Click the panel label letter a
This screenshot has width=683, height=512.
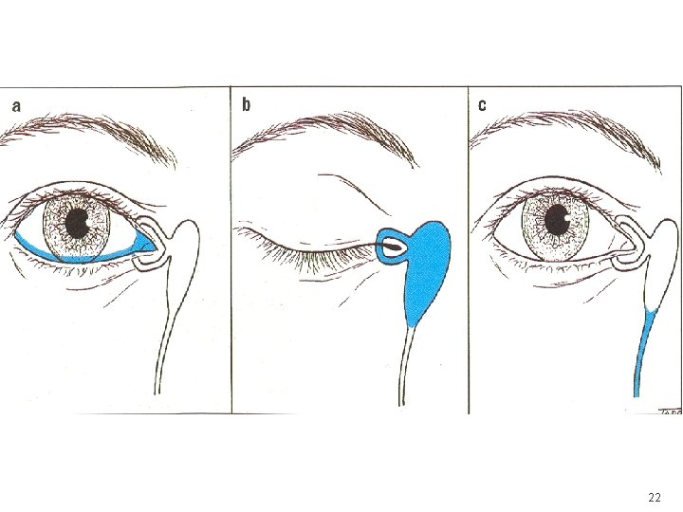(x=15, y=105)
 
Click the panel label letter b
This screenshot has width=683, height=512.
(x=247, y=104)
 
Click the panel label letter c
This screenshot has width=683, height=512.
(x=482, y=104)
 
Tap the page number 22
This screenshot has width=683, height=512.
(x=655, y=497)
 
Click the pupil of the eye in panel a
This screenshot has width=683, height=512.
(x=77, y=225)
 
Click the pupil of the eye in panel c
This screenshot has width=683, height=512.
(x=556, y=222)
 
